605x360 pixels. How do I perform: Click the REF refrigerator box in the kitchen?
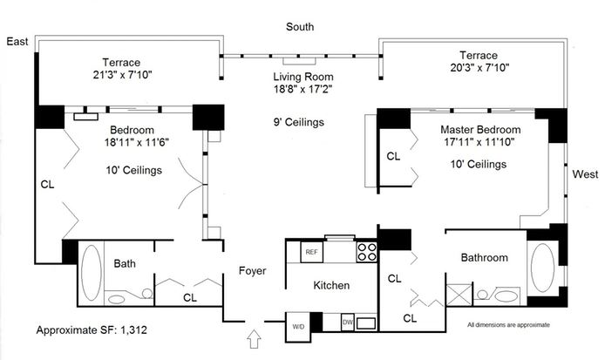[310, 252]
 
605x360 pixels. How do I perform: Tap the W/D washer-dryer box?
[298, 326]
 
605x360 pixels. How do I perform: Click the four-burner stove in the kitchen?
[367, 252]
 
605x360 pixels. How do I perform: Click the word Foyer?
[252, 271]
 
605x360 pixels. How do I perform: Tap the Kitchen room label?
[331, 285]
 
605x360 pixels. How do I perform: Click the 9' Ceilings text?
[298, 122]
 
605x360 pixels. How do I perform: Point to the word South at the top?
[302, 27]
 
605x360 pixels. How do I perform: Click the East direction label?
[17, 41]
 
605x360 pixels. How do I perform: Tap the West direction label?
[585, 174]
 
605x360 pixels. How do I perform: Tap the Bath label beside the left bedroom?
[126, 263]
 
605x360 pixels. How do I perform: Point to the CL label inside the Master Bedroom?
[393, 157]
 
